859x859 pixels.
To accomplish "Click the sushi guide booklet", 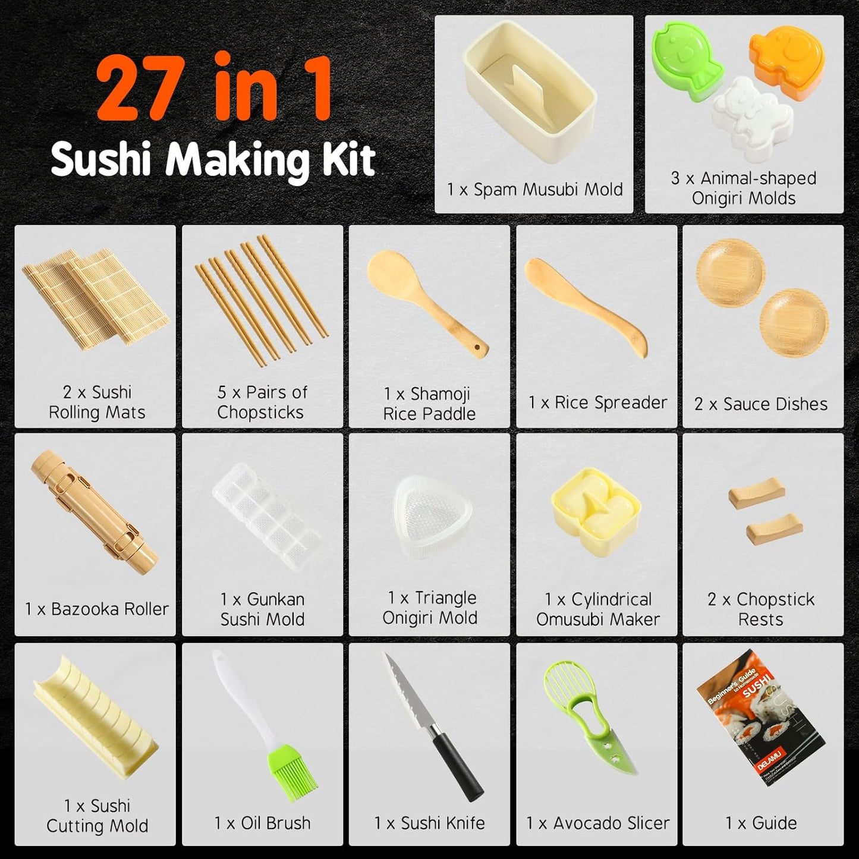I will click(x=762, y=717).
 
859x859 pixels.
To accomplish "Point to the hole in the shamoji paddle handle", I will click(x=478, y=347).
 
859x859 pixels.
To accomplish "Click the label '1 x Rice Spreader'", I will click(x=597, y=402).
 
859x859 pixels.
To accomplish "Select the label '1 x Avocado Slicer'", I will click(x=597, y=823).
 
